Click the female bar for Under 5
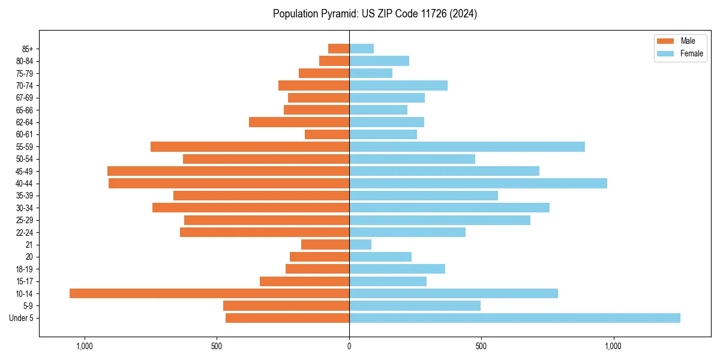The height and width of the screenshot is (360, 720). pyautogui.click(x=515, y=318)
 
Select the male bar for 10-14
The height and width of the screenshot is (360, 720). pyautogui.click(x=209, y=293)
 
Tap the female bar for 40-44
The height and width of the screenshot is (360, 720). pyautogui.click(x=478, y=183)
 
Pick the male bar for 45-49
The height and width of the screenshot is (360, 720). pyautogui.click(x=228, y=171)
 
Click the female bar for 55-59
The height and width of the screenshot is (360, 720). pyautogui.click(x=467, y=146)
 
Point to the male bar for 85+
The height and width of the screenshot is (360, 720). pyautogui.click(x=338, y=49)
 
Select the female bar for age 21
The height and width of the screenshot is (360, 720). pyautogui.click(x=360, y=244)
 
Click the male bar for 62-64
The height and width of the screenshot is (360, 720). pyautogui.click(x=299, y=122)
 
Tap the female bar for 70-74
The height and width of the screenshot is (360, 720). pyautogui.click(x=398, y=85)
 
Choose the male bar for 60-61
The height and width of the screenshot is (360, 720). pyautogui.click(x=327, y=134)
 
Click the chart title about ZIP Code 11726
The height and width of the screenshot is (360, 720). pyautogui.click(x=375, y=14)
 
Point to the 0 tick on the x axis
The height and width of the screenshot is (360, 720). pyautogui.click(x=349, y=346)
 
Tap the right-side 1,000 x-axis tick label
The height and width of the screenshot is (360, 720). pyautogui.click(x=613, y=346)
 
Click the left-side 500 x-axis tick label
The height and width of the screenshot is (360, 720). pyautogui.click(x=217, y=346)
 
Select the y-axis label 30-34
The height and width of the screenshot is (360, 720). pyautogui.click(x=24, y=208)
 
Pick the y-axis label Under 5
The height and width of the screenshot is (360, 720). pyautogui.click(x=21, y=318)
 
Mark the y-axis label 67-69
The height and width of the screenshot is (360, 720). pyautogui.click(x=24, y=98)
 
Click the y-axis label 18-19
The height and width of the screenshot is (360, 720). pyautogui.click(x=24, y=269)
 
